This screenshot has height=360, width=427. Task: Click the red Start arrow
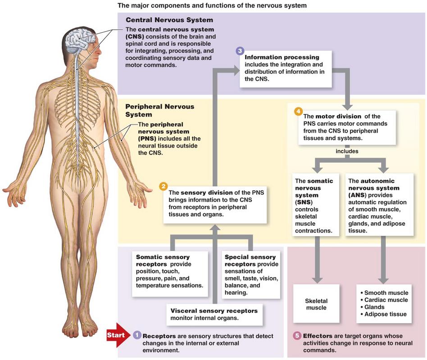pos(117,335)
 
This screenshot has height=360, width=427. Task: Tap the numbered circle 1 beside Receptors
pos(137,335)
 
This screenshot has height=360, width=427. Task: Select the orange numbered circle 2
pos(164,186)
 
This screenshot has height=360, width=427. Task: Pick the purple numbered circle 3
pos(240,51)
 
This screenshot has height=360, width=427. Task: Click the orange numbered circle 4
pos(299,111)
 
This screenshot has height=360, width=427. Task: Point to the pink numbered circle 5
pos(297,335)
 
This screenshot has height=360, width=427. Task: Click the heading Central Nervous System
pos(169,20)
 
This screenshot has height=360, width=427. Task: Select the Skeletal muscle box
pos(316,304)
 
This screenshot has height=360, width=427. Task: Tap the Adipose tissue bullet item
pos(383,314)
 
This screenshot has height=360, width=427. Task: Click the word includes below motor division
pos(347,151)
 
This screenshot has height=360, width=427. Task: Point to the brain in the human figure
pos(80,41)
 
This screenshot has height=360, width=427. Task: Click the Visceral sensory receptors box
pos(214,315)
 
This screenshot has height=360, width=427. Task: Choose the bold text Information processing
pos(282,57)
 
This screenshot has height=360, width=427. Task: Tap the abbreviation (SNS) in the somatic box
pos(304,202)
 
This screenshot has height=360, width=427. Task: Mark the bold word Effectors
pos(318,336)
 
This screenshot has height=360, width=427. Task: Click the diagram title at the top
pos(212,5)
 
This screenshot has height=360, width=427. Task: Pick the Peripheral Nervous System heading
pos(160,110)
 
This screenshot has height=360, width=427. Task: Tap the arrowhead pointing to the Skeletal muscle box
pos(317,280)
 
